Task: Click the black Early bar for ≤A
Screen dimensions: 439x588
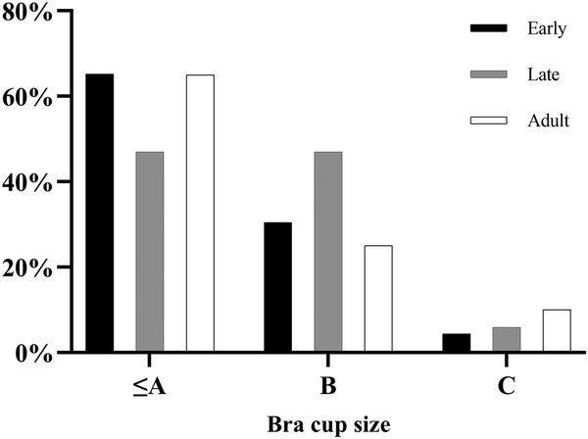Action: (x=100, y=213)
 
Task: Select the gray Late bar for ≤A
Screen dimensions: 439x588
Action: (x=150, y=252)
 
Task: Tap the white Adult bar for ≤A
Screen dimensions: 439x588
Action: (x=200, y=213)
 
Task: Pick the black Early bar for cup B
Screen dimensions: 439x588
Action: (x=277, y=286)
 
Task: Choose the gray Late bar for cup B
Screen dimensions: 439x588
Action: (x=327, y=252)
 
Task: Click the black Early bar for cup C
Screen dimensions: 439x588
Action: (x=456, y=342)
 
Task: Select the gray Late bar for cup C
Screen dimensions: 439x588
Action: (x=506, y=339)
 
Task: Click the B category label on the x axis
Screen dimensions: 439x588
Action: (x=328, y=386)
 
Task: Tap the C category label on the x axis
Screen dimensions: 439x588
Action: (x=506, y=386)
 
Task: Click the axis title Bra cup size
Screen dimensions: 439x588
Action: (x=327, y=425)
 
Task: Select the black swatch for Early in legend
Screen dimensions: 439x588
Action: (x=490, y=28)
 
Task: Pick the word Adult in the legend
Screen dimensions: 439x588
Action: (x=547, y=121)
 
